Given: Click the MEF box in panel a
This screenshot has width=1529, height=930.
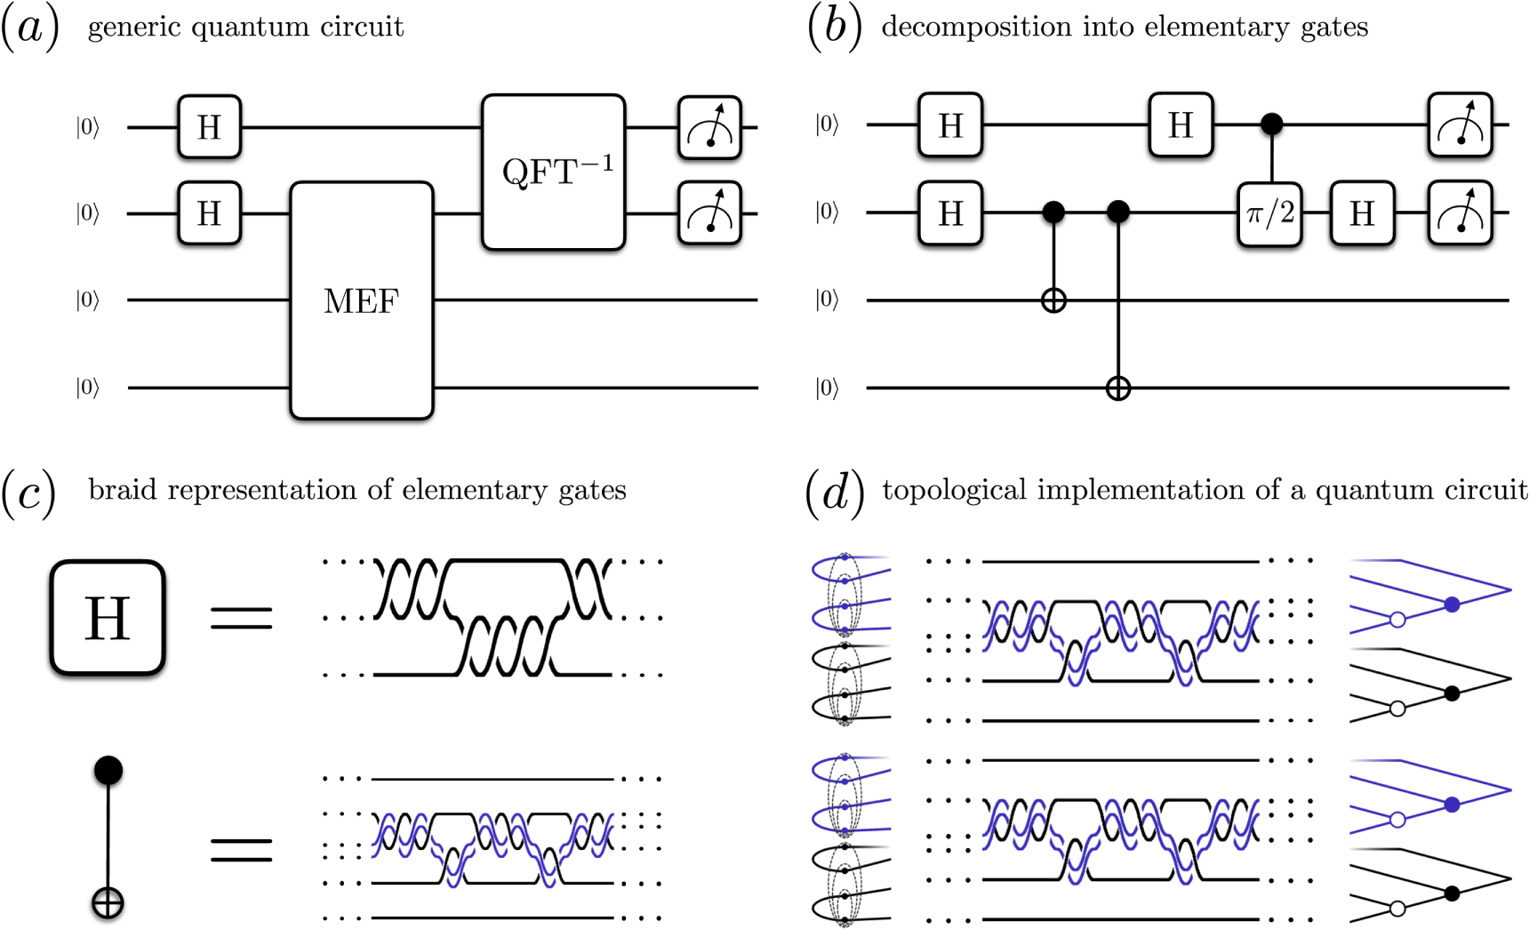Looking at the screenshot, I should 361,301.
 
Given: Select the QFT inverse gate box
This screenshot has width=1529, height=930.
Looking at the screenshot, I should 553,172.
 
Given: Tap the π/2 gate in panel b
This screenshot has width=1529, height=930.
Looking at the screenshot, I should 1269,213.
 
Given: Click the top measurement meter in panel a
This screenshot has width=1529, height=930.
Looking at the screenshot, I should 709,128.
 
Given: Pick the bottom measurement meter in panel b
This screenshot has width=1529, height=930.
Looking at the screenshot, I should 1460,213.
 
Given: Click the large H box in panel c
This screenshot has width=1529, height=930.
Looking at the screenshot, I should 108,618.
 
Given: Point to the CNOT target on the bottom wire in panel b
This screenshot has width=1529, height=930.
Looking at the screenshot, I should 1117,389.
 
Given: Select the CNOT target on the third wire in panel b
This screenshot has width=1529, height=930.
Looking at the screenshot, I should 1053,301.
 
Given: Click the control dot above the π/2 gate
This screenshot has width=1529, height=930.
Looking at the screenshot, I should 1271,124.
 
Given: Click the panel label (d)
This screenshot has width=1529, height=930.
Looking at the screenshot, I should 834,492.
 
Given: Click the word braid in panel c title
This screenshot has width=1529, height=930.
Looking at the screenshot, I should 119,490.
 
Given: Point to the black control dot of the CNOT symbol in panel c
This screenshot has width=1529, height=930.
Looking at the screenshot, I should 108,770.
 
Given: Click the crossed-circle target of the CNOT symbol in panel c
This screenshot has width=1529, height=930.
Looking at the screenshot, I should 108,904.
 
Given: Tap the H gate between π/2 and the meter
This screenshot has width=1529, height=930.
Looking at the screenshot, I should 1361,213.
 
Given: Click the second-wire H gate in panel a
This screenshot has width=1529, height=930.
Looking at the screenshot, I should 209,213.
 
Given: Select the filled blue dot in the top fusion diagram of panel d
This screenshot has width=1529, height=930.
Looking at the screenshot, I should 1452,605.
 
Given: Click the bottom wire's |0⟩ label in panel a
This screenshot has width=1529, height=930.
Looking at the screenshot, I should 88,388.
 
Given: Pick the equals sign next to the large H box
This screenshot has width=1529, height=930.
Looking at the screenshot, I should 241,618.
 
